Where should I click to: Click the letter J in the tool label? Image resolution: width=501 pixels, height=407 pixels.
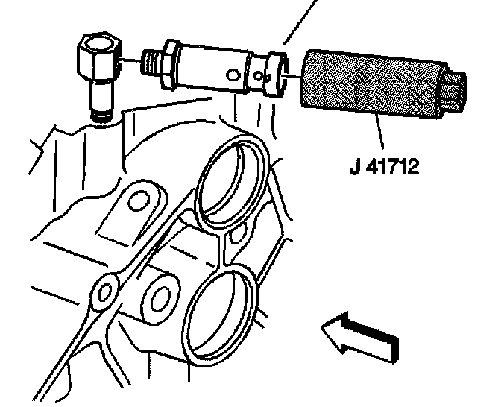point(355,165)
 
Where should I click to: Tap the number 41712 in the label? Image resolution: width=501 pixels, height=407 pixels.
point(392,165)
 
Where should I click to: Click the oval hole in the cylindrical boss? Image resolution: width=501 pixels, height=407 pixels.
point(160,297)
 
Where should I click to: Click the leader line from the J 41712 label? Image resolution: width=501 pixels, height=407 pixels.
point(383,138)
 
